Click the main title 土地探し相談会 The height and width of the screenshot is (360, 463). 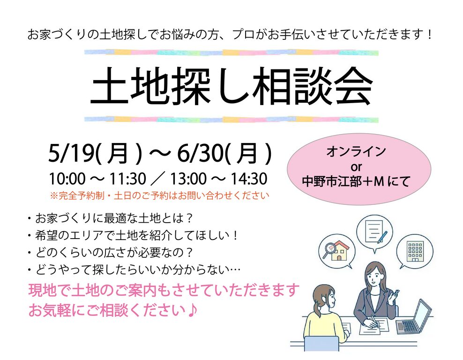pyautogui.click(x=231, y=86)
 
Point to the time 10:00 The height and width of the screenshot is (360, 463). pyautogui.click(x=67, y=179)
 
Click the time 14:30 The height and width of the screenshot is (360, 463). pyautogui.click(x=249, y=179)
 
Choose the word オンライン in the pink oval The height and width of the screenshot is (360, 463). pyautogui.click(x=356, y=151)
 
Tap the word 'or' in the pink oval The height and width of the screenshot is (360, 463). pyautogui.click(x=356, y=167)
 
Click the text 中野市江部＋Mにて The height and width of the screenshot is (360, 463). pyautogui.click(x=356, y=181)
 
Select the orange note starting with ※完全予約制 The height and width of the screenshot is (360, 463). pyautogui.click(x=159, y=195)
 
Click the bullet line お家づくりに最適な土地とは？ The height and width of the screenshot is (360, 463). pyautogui.click(x=111, y=218)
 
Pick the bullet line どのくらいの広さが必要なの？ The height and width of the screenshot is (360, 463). pyautogui.click(x=111, y=253)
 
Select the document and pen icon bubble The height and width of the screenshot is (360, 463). pyautogui.click(x=374, y=232)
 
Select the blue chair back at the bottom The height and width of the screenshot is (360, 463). pyautogui.click(x=321, y=344)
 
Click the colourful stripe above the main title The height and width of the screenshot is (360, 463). pyautogui.click(x=231, y=52)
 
